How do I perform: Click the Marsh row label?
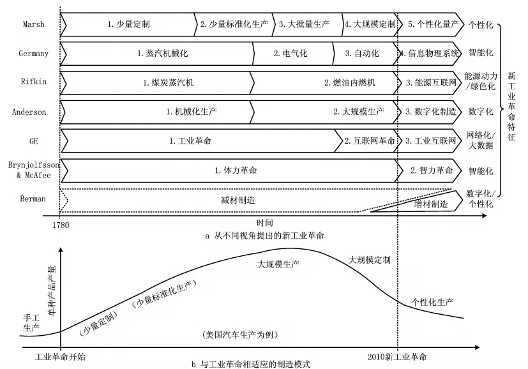34,24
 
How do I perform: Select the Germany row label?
33,54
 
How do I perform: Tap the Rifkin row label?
34,82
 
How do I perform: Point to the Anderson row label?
29,112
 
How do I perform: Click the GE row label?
34,141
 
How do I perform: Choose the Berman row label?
33,199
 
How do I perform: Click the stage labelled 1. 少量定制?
128,24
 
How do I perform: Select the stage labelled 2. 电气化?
290,53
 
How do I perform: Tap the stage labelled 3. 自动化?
361,53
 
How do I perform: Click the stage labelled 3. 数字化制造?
431,112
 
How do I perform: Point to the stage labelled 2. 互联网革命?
370,140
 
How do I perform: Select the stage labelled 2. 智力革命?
432,170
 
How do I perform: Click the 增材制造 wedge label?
431,204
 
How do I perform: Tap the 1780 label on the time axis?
61,225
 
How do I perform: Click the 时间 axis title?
265,223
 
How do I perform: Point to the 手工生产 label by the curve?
31,322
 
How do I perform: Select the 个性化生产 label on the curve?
432,302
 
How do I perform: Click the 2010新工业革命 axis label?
397,357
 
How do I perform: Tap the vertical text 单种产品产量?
52,290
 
